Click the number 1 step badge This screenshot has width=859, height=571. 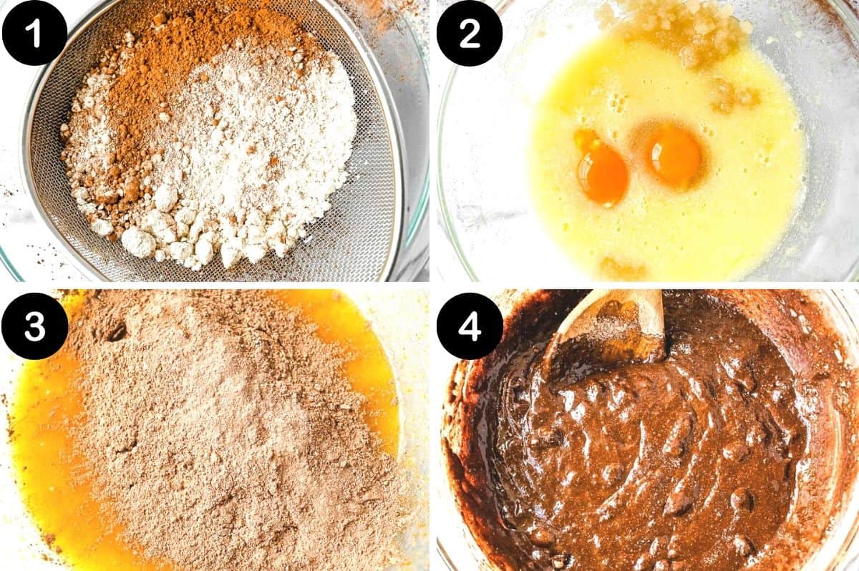(x=34, y=33)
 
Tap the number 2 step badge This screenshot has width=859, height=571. (x=470, y=33)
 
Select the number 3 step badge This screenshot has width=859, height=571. (x=34, y=326)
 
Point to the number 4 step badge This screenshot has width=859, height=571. (x=470, y=326)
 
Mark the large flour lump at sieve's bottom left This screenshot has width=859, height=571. (x=138, y=242)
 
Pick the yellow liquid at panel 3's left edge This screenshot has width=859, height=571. (x=36, y=458)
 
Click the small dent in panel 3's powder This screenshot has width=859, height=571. (x=115, y=331)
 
